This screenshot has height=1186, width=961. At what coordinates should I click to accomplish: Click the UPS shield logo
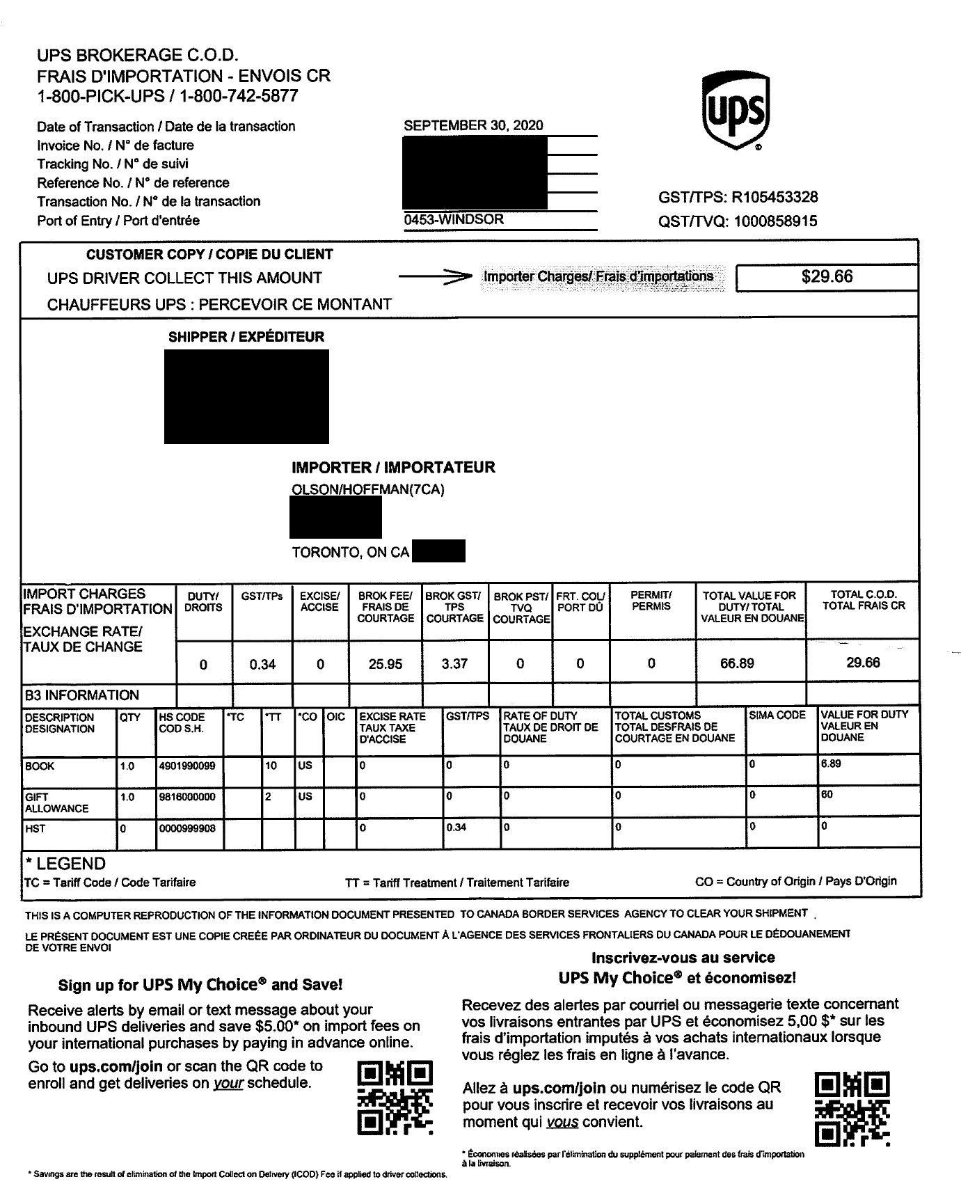click(x=736, y=112)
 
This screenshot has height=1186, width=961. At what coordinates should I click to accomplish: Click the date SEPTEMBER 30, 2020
click(x=473, y=126)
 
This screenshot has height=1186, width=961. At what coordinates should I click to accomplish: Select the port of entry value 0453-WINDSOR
click(x=454, y=219)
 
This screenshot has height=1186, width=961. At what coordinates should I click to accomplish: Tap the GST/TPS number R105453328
click(x=775, y=197)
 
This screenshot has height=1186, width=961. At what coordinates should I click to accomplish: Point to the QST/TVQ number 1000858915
click(x=775, y=221)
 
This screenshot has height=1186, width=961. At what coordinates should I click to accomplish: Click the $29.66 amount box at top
click(x=826, y=277)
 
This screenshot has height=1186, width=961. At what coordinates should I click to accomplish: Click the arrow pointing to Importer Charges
click(x=431, y=278)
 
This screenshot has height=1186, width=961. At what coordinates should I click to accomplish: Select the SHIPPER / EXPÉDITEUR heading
click(x=246, y=337)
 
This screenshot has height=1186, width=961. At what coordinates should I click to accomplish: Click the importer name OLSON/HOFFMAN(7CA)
click(x=367, y=489)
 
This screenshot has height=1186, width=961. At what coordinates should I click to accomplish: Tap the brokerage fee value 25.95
click(x=385, y=664)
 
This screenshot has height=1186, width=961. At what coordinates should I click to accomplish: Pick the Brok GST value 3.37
click(x=454, y=663)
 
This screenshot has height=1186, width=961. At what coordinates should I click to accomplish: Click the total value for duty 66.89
click(x=737, y=663)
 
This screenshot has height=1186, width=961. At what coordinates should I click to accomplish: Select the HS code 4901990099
click(x=187, y=766)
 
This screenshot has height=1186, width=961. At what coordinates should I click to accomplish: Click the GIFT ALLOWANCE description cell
click(x=56, y=802)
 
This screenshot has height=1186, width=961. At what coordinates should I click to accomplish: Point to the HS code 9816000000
click(x=187, y=797)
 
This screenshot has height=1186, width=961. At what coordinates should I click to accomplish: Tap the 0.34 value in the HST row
click(x=456, y=828)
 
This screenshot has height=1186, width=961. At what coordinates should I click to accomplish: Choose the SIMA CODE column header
click(x=777, y=715)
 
